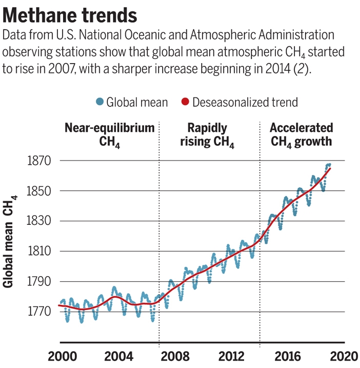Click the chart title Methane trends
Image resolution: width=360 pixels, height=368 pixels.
click(x=70, y=15)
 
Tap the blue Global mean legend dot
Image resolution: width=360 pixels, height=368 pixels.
click(x=99, y=102)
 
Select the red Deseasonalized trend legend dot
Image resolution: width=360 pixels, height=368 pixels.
click(x=185, y=102)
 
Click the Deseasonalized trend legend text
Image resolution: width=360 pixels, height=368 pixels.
click(x=245, y=102)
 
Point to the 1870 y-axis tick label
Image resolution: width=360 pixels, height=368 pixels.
click(x=39, y=161)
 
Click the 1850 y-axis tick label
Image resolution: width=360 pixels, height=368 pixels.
click(x=39, y=191)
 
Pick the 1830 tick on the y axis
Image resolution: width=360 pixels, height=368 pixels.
click(x=39, y=221)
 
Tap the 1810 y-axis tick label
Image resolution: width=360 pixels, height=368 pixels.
click(x=39, y=251)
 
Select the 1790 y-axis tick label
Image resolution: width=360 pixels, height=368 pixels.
click(x=39, y=282)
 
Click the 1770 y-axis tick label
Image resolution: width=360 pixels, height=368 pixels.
click(x=39, y=312)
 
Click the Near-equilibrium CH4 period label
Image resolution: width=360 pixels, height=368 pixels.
click(x=109, y=135)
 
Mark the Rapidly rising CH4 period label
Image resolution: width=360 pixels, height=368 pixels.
click(x=207, y=135)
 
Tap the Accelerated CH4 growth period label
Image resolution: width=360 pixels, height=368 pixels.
click(x=302, y=135)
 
